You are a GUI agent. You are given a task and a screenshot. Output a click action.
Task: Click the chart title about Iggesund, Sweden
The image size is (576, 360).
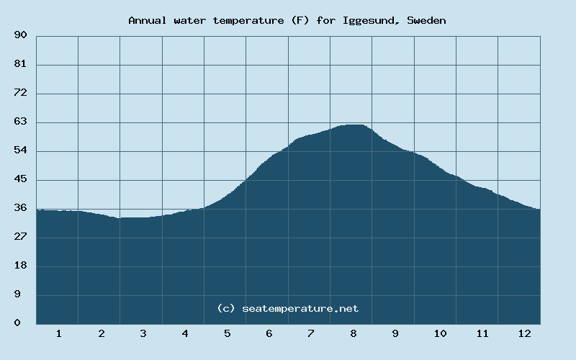(287, 20)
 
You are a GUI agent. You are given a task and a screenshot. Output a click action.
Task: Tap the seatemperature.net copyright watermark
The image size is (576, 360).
(287, 308)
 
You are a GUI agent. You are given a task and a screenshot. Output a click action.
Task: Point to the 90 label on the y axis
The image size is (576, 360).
(20, 35)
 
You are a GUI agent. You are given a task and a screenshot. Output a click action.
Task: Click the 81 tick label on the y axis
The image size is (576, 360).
(20, 64)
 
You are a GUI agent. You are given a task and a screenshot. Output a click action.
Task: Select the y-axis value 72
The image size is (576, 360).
(20, 93)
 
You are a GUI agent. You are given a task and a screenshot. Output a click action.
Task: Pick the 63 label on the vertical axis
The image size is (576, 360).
(20, 122)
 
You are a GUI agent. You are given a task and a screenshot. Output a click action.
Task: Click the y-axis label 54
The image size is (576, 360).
(20, 150)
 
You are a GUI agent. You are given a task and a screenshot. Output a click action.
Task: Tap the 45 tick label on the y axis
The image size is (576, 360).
(20, 179)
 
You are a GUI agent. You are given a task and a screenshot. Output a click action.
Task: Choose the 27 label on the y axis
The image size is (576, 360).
(20, 237)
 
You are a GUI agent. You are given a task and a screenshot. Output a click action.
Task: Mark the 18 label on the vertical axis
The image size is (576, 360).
(20, 266)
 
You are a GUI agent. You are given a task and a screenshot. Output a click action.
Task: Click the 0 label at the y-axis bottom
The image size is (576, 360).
(17, 323)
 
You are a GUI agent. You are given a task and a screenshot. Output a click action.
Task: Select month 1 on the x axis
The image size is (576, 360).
(58, 333)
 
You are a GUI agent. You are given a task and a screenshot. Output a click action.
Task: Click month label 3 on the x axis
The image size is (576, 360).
(143, 333)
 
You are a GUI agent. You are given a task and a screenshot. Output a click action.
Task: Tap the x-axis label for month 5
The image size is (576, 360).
(227, 333)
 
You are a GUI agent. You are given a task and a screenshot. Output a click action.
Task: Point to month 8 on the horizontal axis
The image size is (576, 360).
(353, 333)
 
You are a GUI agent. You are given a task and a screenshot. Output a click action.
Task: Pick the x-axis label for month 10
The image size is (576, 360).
(440, 333)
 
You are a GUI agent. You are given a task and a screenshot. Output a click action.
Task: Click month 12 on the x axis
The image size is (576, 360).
(524, 333)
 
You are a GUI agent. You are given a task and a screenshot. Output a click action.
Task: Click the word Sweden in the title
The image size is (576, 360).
(426, 20)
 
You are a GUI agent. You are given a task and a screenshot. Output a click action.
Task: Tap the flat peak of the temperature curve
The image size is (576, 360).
(352, 125)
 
